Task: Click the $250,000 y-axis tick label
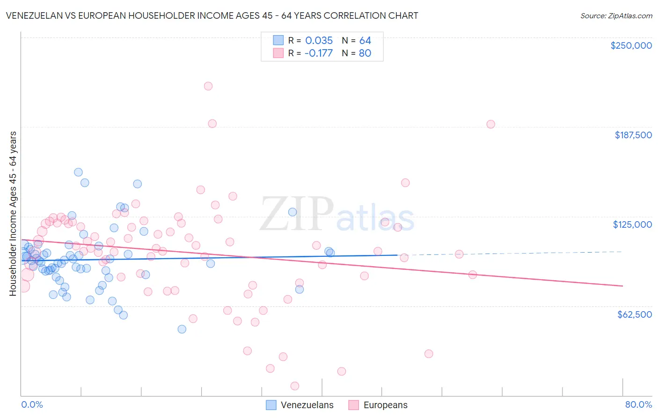click(x=631, y=45)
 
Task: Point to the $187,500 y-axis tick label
click(x=633, y=135)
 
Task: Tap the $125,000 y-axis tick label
click(x=632, y=224)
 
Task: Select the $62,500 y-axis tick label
click(x=634, y=314)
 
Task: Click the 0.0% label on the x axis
click(x=32, y=404)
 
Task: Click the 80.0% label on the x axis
click(x=638, y=404)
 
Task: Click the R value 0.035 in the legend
click(x=319, y=40)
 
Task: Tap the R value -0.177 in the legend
click(x=318, y=53)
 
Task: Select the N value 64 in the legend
click(x=365, y=40)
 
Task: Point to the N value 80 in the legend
click(x=365, y=53)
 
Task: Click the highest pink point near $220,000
click(x=208, y=86)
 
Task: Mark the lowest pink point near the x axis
click(x=295, y=386)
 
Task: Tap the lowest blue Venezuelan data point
click(x=182, y=329)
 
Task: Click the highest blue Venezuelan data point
click(x=79, y=172)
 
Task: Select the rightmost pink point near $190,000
click(x=490, y=124)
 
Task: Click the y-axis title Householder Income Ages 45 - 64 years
click(x=13, y=213)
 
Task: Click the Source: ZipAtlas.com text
click(x=616, y=16)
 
